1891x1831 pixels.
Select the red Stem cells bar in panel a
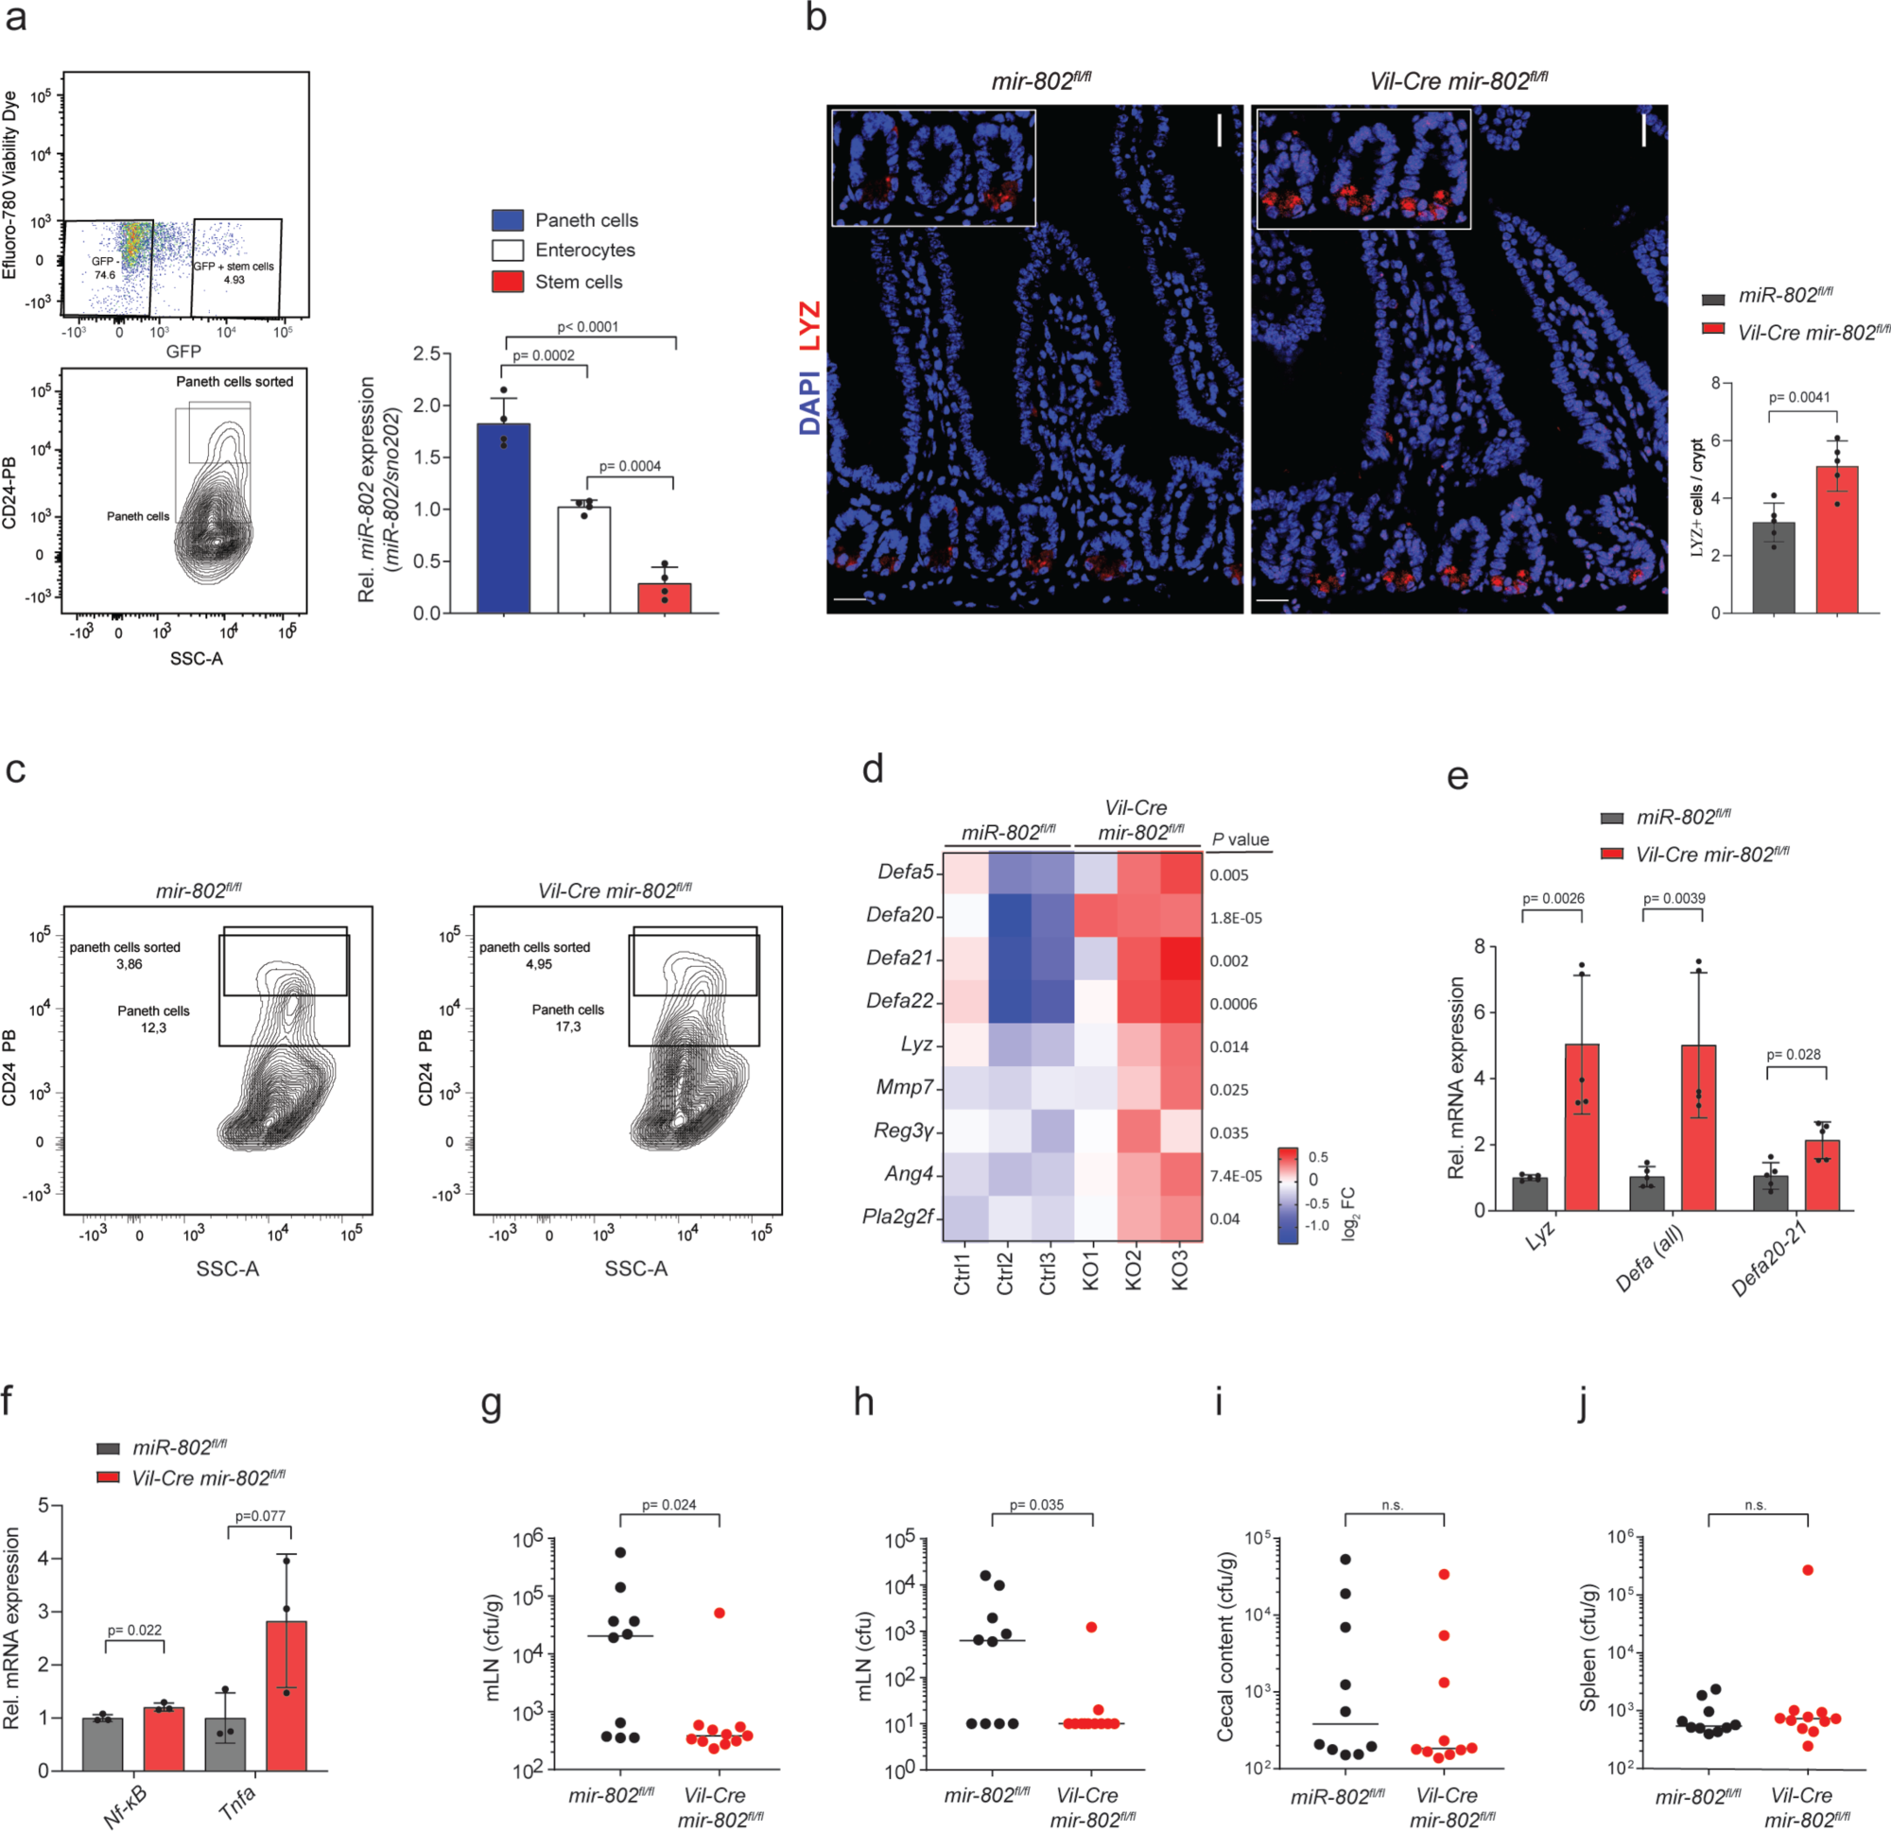click(665, 598)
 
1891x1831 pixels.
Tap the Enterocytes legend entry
click(584, 250)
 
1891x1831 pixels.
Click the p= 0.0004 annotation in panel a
click(630, 467)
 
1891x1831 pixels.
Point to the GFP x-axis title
click(183, 352)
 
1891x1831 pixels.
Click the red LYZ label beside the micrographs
click(809, 326)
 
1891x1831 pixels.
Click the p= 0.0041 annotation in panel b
click(1798, 397)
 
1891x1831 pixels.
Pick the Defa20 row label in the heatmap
click(899, 914)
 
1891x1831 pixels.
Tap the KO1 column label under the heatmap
click(1092, 1270)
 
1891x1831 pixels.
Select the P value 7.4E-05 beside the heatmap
click(1236, 1176)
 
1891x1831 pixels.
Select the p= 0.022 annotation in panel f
click(134, 1631)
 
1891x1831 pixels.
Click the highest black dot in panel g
click(620, 1552)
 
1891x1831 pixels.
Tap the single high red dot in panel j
click(1807, 1569)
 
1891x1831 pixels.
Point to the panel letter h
click(863, 1402)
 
